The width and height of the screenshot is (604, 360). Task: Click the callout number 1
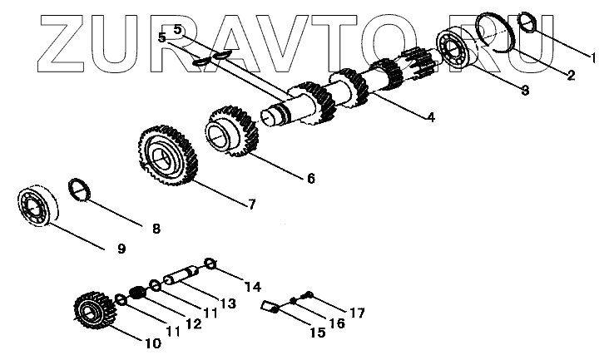coord(593,58)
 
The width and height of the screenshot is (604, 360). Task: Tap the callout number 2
coord(570,76)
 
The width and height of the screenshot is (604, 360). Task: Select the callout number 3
coord(524,91)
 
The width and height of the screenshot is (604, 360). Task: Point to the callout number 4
coord(430,117)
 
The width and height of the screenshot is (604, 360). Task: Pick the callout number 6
coord(310,178)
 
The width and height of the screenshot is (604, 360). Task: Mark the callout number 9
coord(121,248)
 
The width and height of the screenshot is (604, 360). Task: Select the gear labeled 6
coord(230,131)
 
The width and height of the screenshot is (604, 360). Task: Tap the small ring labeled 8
coord(80,190)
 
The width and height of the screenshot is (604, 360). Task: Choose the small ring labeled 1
coord(527,20)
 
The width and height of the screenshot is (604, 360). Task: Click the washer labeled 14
coord(210,264)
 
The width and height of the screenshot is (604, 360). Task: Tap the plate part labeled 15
coord(270,308)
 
